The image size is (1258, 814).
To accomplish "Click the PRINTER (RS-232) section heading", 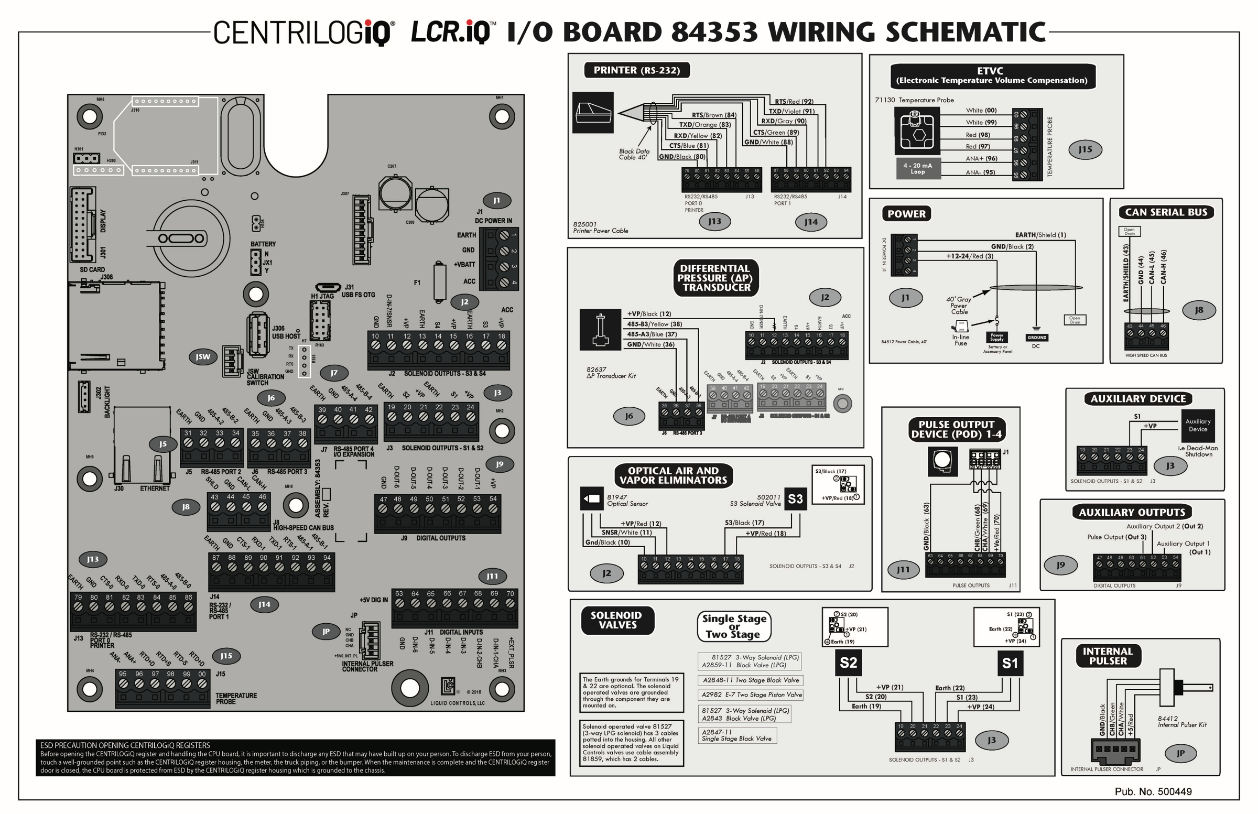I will pos(636,70).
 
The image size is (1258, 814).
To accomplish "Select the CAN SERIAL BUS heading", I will pos(1166,212).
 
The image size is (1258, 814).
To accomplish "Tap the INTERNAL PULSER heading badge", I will pos(1108,656).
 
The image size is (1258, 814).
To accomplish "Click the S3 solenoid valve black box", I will pos(795,499).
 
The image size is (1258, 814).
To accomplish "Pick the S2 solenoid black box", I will pos(848,663).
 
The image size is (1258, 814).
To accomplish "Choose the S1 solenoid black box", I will pos(1010,663).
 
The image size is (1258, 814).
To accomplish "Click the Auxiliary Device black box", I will pos(1198,426).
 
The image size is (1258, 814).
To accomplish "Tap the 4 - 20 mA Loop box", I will pos(918,169).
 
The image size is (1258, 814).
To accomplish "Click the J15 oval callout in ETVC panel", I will pos(1085,149).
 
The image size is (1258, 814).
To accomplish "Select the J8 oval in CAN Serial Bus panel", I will pos(1199,310).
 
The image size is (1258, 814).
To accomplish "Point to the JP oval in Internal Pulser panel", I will pos(1180,754).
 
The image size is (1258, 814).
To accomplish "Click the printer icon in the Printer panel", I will pos(593,113).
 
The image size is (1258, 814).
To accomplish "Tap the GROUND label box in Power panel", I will pos(1036,337).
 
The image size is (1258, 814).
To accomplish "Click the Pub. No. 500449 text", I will pos(1153,791).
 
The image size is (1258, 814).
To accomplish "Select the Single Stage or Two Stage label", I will pos(734,626).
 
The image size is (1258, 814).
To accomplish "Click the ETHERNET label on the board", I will pos(154,489).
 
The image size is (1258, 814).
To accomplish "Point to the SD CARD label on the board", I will pos(92,269).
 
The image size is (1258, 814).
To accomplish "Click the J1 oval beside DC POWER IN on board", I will pos(496,200).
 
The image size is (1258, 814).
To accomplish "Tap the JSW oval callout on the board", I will pos(203,357).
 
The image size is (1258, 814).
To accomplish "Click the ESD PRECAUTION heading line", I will pos(125,745).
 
